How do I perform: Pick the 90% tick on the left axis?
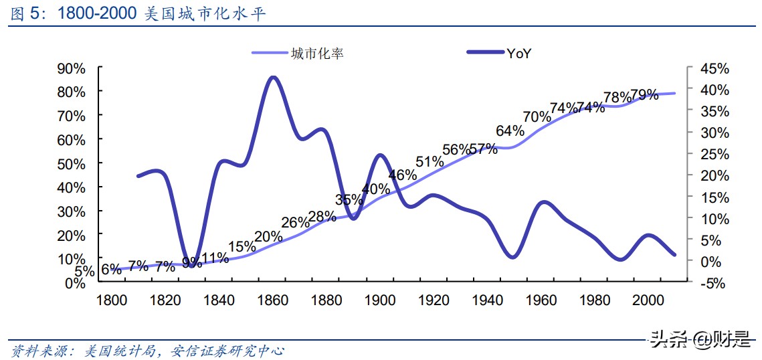pos(72,68)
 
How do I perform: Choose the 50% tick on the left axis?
pos(72,164)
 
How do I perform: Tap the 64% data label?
pos(510,130)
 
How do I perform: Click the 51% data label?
pos(430,161)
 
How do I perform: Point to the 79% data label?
pos(644,95)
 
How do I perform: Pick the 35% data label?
pos(349,199)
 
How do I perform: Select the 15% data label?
pos(242,246)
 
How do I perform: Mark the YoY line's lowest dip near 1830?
pos(193,265)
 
